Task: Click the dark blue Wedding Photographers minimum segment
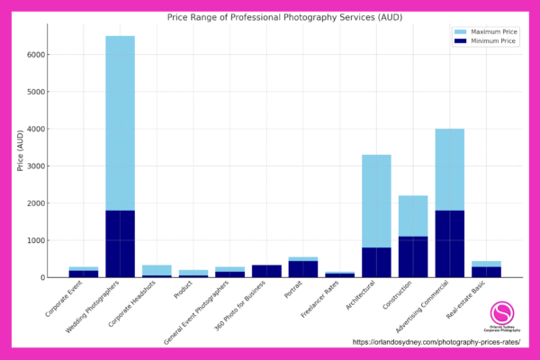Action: [120, 244]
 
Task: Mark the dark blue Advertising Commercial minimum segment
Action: [449, 244]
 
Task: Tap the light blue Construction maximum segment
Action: [413, 216]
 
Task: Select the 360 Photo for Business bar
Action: [266, 271]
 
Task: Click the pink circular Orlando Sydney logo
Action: [502, 312]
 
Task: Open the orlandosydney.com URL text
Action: [436, 342]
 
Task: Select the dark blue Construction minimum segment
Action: [413, 256]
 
